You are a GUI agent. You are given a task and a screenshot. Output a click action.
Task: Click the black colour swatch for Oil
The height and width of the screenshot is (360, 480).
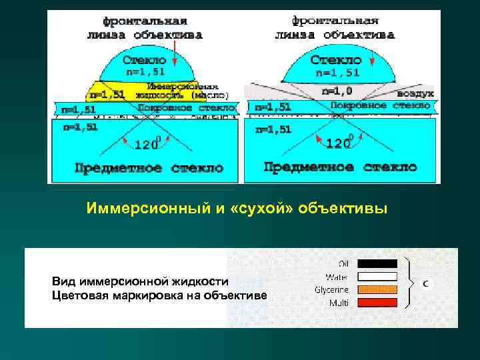tap(377, 263)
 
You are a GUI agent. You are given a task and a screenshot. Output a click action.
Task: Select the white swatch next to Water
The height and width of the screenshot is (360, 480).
tap(377, 276)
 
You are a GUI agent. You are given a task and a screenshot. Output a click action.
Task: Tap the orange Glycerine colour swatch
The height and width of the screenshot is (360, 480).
tap(377, 289)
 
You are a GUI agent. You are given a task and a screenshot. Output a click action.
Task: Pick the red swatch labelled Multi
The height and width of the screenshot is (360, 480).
tap(377, 303)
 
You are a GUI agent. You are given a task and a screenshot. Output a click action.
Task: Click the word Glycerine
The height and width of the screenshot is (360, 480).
tap(331, 289)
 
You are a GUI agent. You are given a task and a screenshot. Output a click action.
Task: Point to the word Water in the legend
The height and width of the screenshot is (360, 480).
tap(337, 276)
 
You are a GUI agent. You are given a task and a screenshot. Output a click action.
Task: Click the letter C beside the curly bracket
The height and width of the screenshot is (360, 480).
tap(425, 283)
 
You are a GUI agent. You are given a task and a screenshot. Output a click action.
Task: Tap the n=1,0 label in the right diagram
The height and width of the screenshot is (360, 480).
tap(338, 91)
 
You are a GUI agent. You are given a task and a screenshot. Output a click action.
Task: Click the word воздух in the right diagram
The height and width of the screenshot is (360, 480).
tap(417, 94)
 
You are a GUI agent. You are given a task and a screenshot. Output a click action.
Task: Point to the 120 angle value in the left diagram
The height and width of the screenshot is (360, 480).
tap(146, 143)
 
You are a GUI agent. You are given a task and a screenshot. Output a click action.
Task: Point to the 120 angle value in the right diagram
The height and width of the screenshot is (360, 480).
tap(341, 143)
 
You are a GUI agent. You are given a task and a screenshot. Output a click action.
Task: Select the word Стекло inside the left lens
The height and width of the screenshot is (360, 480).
tap(145, 60)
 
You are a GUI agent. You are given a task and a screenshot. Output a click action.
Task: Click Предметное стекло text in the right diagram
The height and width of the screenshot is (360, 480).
tap(340, 167)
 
